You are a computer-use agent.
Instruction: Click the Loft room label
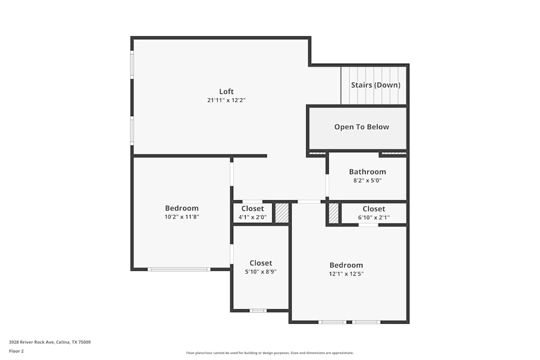pos(226,91)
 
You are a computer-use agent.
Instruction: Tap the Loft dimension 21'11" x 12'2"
pos(226,100)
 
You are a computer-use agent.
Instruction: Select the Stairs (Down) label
pos(375,85)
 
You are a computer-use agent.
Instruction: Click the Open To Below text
pos(361,127)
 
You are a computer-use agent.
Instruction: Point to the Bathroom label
pos(367,172)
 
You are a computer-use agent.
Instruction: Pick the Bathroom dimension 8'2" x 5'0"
pos(367,181)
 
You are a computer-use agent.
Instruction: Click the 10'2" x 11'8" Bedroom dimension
pos(181,217)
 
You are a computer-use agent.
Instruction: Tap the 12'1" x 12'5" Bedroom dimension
pos(346,274)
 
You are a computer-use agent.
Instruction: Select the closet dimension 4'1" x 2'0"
pos(253,218)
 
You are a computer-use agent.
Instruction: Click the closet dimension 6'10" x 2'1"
pos(374,218)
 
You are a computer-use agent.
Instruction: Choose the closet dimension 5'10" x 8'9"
pos(261,272)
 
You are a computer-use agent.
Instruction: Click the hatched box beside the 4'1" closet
pos(282,213)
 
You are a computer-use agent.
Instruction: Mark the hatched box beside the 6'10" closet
pos(334,213)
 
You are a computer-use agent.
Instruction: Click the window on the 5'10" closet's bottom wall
pos(258,310)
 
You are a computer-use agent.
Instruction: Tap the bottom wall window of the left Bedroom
pos(179,269)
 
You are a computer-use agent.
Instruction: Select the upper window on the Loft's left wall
pos(132,64)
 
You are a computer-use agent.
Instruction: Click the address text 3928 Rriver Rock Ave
pos(50,342)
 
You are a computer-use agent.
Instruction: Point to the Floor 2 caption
pos(16,351)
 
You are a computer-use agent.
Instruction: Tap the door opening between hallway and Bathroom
pos(327,185)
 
